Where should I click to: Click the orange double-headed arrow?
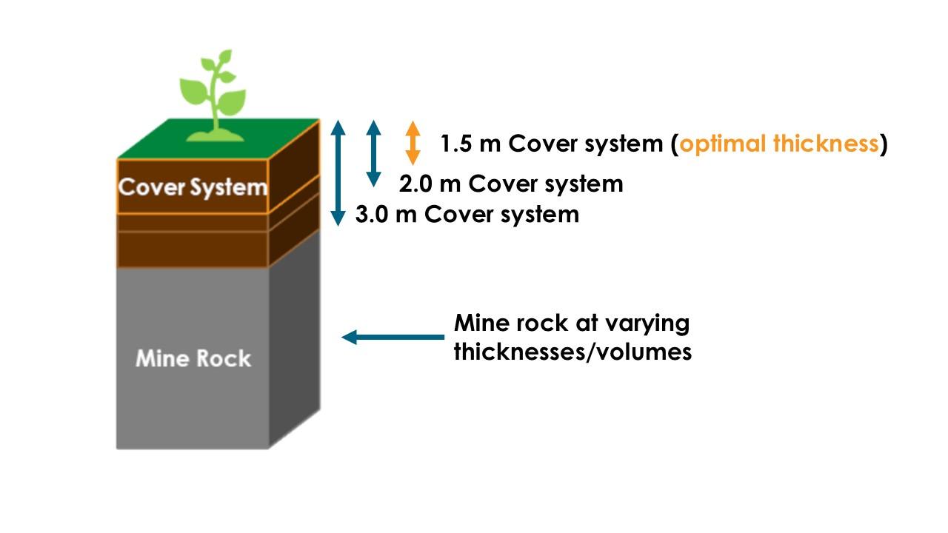(413, 143)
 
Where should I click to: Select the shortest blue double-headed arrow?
(373, 152)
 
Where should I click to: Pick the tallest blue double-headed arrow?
(338, 172)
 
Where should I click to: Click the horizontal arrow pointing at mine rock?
(393, 338)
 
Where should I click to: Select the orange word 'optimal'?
(723, 144)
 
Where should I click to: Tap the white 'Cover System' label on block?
(193, 187)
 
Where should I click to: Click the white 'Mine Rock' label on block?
(193, 359)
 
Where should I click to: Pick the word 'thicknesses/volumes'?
(573, 352)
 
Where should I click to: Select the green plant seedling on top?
(213, 96)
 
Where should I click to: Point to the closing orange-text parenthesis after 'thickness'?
(883, 144)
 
